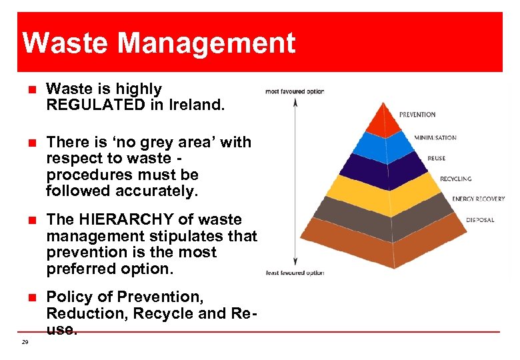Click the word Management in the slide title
207,43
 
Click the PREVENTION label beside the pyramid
417,115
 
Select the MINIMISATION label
435,137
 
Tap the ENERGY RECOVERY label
478,199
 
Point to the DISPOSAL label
479,220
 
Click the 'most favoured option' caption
294,91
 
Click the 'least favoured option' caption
294,273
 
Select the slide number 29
25,342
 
